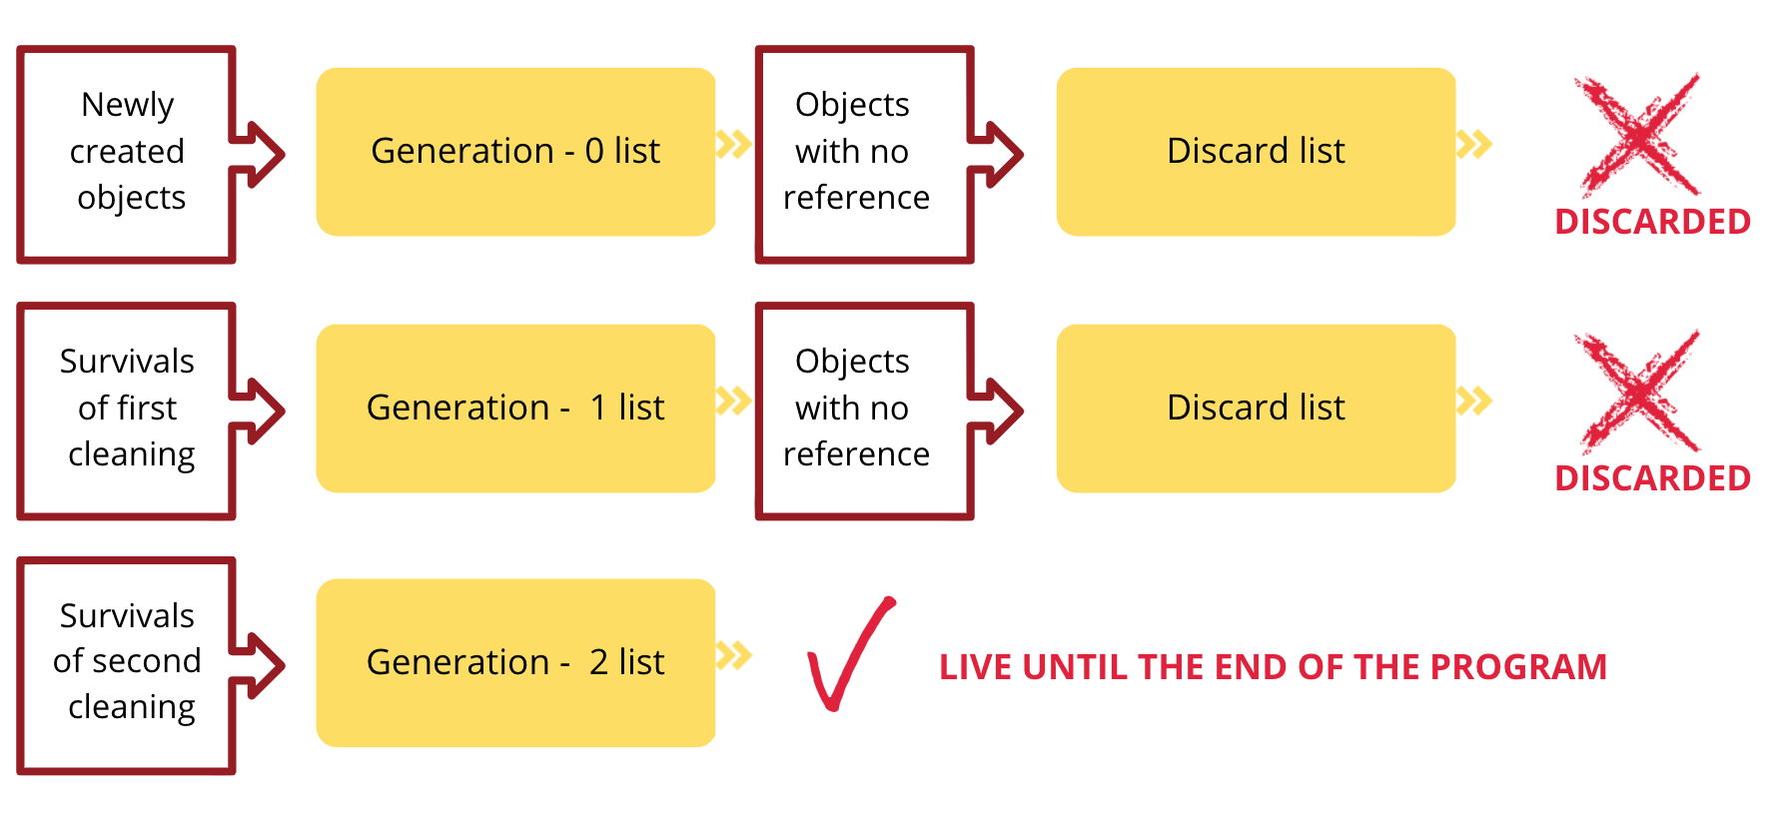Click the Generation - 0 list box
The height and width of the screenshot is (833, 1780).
[x=515, y=152]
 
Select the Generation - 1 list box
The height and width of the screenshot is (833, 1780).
[x=515, y=409]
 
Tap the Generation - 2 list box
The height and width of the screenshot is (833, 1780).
[x=515, y=663]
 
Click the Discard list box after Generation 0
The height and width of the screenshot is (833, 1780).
[x=1256, y=152]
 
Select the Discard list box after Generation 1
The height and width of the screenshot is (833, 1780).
[x=1256, y=409]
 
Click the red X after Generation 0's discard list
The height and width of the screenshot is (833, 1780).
[x=1638, y=135]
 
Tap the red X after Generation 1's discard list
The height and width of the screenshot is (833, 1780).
[x=1638, y=392]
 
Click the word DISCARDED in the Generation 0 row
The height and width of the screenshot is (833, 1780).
[x=1652, y=222]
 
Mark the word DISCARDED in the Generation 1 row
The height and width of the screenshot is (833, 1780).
[x=1652, y=478]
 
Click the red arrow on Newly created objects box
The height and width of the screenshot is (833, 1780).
[x=258, y=155]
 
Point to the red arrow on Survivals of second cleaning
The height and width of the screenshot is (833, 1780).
[x=258, y=665]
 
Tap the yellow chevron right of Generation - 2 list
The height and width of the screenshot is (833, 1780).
[x=734, y=656]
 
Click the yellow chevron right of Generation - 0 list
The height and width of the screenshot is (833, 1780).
[x=734, y=144]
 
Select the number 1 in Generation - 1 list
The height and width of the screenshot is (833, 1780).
[x=598, y=408]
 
